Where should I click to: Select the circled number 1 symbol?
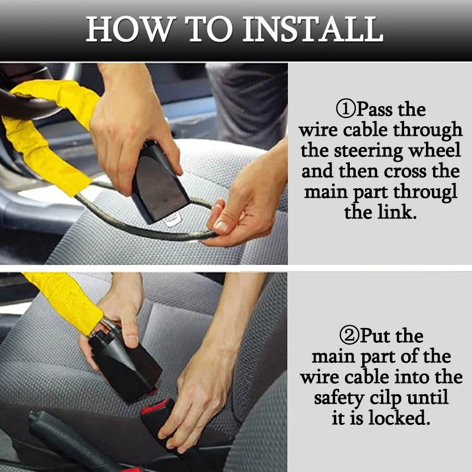coord(346,109)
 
